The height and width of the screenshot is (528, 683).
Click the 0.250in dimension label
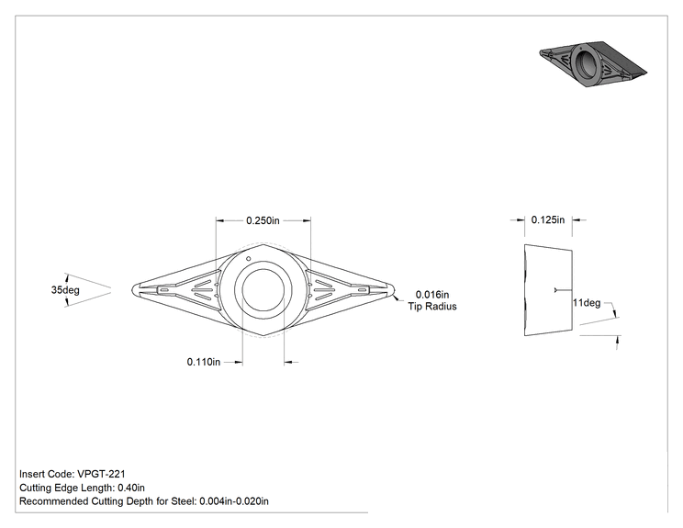(263, 220)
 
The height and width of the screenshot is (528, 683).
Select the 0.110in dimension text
(204, 362)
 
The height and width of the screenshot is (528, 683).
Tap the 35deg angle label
(65, 289)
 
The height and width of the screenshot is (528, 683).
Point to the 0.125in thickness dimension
(547, 220)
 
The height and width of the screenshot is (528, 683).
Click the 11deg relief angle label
(587, 303)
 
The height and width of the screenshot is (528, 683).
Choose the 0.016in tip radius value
(432, 295)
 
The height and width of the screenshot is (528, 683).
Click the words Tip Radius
(432, 307)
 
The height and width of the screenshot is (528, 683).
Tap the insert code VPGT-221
(101, 474)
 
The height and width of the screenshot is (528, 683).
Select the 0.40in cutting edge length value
(131, 488)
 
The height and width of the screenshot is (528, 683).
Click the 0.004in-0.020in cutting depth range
(234, 501)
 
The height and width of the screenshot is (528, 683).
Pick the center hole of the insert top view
(263, 290)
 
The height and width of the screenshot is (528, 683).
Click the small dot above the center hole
(248, 259)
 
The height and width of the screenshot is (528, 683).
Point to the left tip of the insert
(132, 289)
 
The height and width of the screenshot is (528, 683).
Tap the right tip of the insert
(395, 289)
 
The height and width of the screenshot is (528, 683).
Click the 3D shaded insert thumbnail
(593, 63)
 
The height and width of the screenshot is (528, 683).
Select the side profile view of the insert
(548, 290)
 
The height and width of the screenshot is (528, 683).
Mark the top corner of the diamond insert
(263, 244)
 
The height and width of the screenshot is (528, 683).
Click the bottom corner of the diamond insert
(263, 336)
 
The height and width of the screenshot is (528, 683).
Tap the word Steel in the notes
(182, 501)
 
